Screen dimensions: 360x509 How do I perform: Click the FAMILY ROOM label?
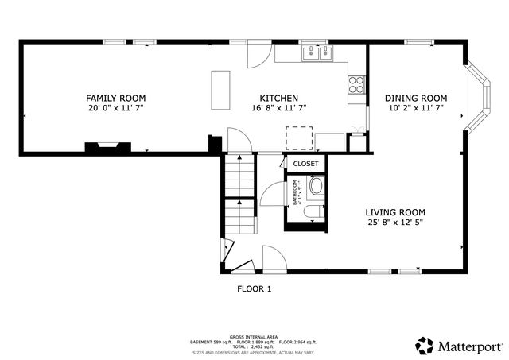coord(116,98)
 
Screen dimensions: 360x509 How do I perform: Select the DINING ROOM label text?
coord(416,98)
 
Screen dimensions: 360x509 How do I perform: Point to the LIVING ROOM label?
coord(395,212)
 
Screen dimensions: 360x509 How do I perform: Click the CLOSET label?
coord(305,164)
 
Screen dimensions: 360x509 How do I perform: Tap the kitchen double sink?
coord(318,53)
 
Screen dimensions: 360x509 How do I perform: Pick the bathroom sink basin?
coord(316,187)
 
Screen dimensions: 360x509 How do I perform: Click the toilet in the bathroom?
coord(313,210)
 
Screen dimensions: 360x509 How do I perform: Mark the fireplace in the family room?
coord(107,147)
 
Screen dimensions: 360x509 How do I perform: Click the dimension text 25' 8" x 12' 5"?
coord(395,223)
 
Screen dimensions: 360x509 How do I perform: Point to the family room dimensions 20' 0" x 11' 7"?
coord(116,108)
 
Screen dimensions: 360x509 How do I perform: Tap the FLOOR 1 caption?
coord(254,289)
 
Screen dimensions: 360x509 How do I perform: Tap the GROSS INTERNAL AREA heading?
coord(254,337)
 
